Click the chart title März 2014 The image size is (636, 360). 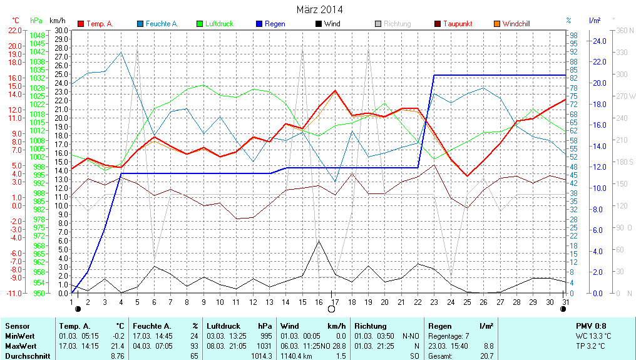319,10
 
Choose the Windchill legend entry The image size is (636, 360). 516,24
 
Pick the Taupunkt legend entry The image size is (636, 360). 458,24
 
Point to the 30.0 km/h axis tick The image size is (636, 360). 61,30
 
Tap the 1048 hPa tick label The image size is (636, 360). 38,36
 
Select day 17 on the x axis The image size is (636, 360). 335,301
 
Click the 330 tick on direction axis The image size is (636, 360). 622,52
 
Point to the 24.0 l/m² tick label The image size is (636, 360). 599,41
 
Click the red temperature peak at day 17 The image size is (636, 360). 335,91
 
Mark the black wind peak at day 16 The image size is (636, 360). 319,241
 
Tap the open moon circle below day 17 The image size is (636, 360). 332,309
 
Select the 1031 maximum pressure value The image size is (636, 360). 266,346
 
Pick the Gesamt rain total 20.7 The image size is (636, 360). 486,356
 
